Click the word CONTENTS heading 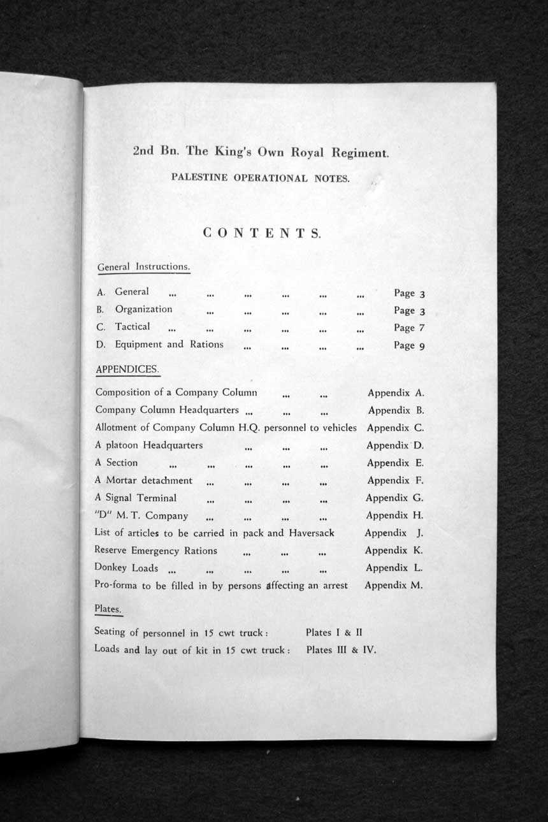(x=262, y=233)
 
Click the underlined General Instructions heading (x=143, y=267)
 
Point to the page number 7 (x=422, y=328)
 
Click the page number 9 (x=422, y=345)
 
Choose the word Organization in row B (x=143, y=309)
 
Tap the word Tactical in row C (x=133, y=326)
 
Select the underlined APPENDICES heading (x=127, y=369)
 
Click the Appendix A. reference (x=395, y=393)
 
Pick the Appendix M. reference (x=393, y=585)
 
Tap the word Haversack (x=312, y=533)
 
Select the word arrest (x=333, y=585)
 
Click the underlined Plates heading (x=108, y=609)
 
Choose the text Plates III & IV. (x=341, y=650)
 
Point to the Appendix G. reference (x=394, y=498)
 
